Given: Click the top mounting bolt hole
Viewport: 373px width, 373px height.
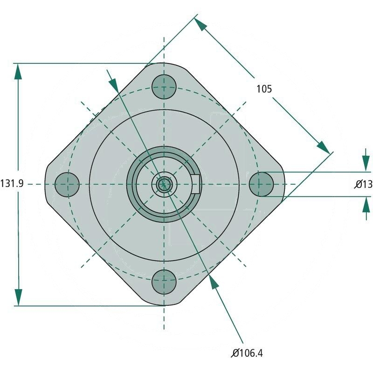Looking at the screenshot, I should click(x=164, y=87).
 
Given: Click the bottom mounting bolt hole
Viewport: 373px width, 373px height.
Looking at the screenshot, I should click(x=164, y=282).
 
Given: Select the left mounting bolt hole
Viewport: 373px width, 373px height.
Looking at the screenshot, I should click(x=67, y=184).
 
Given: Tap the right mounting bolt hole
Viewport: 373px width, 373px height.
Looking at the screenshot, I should click(x=261, y=184).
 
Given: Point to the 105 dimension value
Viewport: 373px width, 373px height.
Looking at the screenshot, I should click(x=264, y=89).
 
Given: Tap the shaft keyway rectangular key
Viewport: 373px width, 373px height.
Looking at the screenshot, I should click(x=196, y=184).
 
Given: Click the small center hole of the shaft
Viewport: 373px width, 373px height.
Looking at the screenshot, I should click(x=164, y=184).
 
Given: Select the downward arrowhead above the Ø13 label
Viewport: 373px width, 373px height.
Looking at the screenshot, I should click(x=366, y=164).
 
